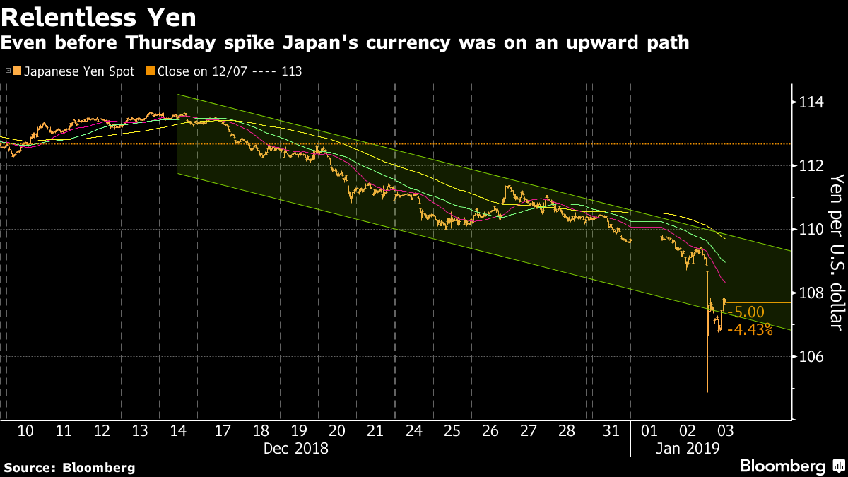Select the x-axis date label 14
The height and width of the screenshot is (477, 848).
[178, 430]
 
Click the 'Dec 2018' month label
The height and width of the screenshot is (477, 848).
[295, 448]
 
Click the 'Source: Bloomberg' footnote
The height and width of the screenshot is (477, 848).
[69, 467]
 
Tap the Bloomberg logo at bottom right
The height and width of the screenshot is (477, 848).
[791, 466]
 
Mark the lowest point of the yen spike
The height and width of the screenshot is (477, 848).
[707, 393]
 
